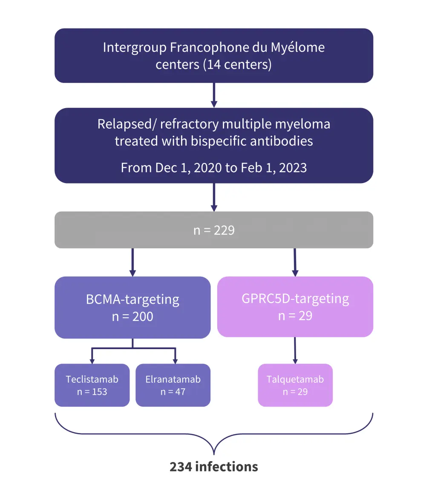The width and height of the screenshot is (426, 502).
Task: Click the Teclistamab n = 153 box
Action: tap(92, 385)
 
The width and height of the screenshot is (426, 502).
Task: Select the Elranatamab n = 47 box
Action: tap(173, 385)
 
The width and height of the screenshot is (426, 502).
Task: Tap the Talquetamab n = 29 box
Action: tap(295, 385)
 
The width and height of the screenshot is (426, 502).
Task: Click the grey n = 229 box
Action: tap(214, 230)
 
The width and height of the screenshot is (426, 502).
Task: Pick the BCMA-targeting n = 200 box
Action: tap(132, 307)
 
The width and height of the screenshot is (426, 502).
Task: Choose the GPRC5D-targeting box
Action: tap(295, 307)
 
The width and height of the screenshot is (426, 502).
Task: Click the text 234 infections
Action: tap(214, 467)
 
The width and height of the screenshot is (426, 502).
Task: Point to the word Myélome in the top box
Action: tap(298, 47)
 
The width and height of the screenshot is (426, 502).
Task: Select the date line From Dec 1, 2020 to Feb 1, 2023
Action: tap(214, 167)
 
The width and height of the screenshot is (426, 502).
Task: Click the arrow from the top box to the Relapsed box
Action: tap(214, 95)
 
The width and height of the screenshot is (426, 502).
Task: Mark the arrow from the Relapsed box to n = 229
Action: tap(214, 197)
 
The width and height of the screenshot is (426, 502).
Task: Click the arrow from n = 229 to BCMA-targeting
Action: tap(132, 262)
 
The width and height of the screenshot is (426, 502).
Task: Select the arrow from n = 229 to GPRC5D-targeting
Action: tap(295, 262)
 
